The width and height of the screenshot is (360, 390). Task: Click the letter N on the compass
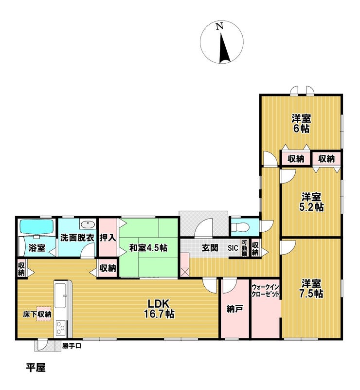220,27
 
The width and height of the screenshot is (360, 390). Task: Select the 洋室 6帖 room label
302,124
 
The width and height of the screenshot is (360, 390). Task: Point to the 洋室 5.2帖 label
311,202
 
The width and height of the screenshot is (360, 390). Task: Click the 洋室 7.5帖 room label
311,288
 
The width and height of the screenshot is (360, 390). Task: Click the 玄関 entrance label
210,248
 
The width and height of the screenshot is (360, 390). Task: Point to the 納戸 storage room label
234,308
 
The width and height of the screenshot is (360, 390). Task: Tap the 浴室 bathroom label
37,248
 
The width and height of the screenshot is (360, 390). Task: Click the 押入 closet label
108,239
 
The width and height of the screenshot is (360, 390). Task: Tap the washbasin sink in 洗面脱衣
88,224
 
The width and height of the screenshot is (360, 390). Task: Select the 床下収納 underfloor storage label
38,315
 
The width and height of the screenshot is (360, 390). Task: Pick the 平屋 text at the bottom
36,368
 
